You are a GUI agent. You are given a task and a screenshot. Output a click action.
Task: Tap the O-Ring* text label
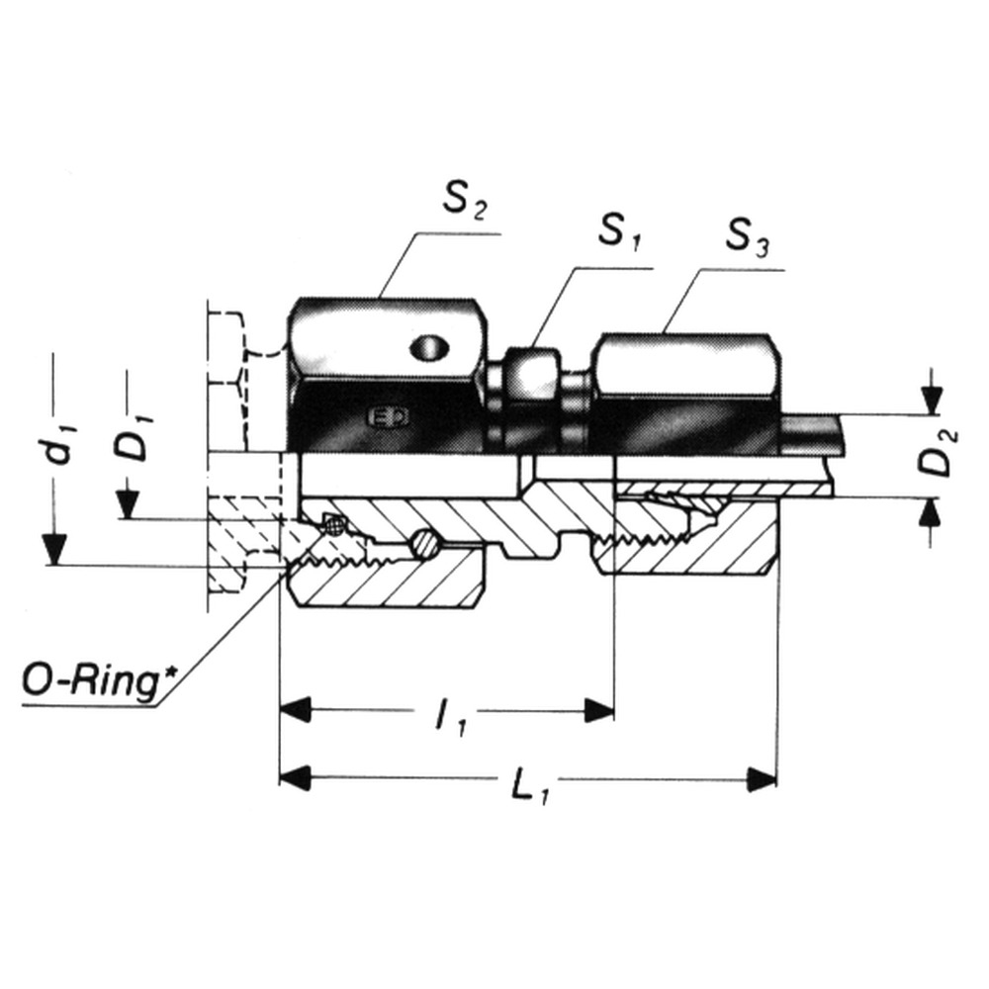coord(91,683)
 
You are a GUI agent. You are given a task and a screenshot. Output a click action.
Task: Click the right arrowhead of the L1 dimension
coord(762,778)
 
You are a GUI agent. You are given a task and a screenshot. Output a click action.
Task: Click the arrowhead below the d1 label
coord(55,548)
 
